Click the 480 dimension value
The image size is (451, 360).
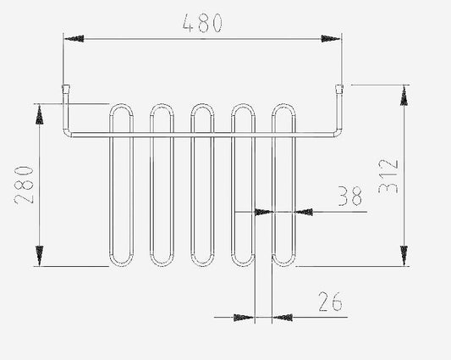click(x=202, y=23)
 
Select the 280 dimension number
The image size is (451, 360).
click(x=25, y=185)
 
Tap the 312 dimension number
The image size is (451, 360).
click(x=388, y=176)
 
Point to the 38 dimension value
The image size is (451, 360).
click(x=349, y=197)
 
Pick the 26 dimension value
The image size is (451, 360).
click(x=330, y=302)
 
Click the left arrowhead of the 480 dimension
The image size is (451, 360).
click(x=74, y=38)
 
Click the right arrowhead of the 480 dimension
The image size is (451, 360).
click(x=331, y=38)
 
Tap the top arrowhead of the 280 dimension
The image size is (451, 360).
click(x=40, y=114)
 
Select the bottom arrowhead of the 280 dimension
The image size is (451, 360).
click(x=40, y=256)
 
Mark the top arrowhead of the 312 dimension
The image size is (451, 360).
click(x=404, y=96)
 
